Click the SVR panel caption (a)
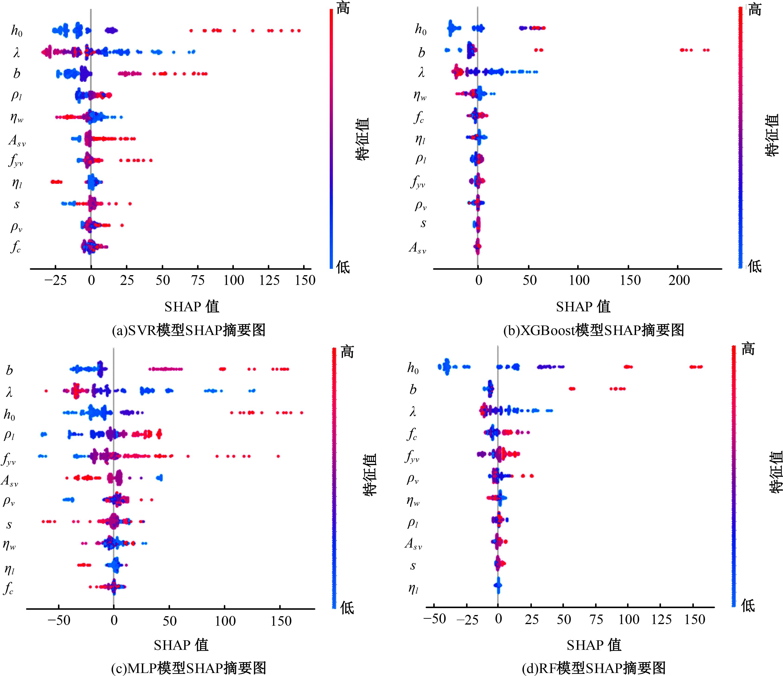pyautogui.click(x=189, y=330)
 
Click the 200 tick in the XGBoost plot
pyautogui.click(x=679, y=281)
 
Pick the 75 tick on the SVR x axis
pyautogui.click(x=198, y=281)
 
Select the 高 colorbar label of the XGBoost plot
pyautogui.click(x=755, y=9)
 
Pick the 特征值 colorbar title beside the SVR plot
pyautogui.click(x=362, y=139)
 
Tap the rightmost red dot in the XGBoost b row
pyautogui.click(x=707, y=50)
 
